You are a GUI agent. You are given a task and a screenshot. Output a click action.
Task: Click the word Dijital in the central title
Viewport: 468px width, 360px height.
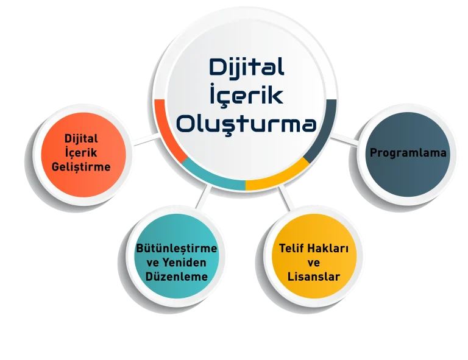click(246, 68)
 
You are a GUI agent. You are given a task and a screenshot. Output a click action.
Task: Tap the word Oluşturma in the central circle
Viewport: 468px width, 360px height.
click(246, 124)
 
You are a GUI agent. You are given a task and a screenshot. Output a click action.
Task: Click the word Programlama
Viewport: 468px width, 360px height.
click(408, 153)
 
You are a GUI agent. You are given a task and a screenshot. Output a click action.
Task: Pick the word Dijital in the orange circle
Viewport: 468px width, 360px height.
click(81, 139)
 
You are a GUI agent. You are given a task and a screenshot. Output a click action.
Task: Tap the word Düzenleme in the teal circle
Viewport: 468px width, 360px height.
click(177, 277)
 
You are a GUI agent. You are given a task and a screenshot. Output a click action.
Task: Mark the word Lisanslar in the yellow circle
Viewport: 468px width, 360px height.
click(314, 277)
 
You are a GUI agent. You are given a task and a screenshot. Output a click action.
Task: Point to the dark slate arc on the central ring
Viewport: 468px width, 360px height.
click(325, 131)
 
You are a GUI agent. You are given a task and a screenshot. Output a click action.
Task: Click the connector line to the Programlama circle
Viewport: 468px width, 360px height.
click(347, 139)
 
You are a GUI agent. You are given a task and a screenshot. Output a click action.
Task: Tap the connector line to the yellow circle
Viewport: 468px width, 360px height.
click(283, 196)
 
